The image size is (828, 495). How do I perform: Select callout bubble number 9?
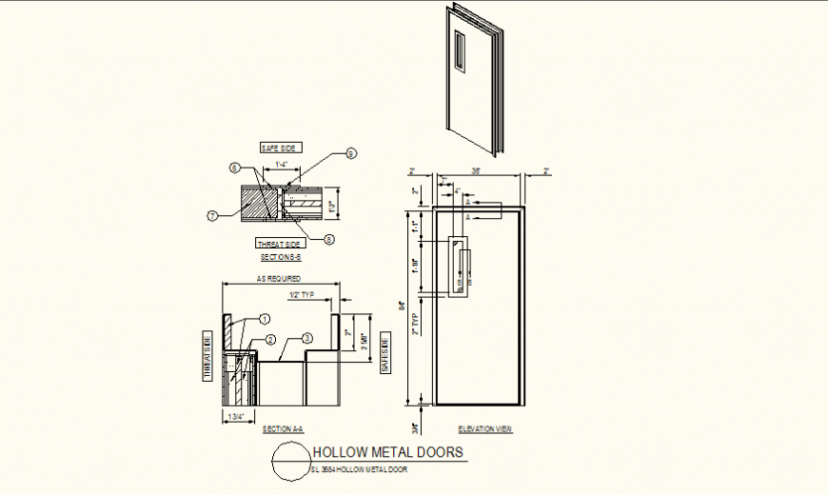(x=350, y=153)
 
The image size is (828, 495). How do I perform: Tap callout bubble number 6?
(x=233, y=168)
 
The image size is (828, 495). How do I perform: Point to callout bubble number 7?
(x=212, y=215)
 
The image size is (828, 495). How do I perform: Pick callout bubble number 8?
(x=329, y=239)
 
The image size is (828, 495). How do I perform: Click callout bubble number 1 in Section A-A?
(x=266, y=319)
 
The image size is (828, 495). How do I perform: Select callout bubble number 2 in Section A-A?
(x=270, y=340)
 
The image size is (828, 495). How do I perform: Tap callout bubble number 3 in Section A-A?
(x=306, y=337)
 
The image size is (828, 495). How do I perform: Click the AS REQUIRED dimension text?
(x=279, y=279)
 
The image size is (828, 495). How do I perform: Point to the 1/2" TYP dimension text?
(x=302, y=295)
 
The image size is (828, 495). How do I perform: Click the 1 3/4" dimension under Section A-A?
(x=234, y=416)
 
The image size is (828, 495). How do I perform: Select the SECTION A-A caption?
(x=283, y=429)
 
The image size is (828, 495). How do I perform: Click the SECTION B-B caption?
(x=281, y=257)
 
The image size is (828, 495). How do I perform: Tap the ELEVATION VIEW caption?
(x=485, y=429)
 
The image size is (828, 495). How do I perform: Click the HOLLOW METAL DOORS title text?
(x=388, y=452)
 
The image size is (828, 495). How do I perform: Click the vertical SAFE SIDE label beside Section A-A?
(x=385, y=353)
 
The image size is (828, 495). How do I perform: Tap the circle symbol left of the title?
(x=291, y=462)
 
